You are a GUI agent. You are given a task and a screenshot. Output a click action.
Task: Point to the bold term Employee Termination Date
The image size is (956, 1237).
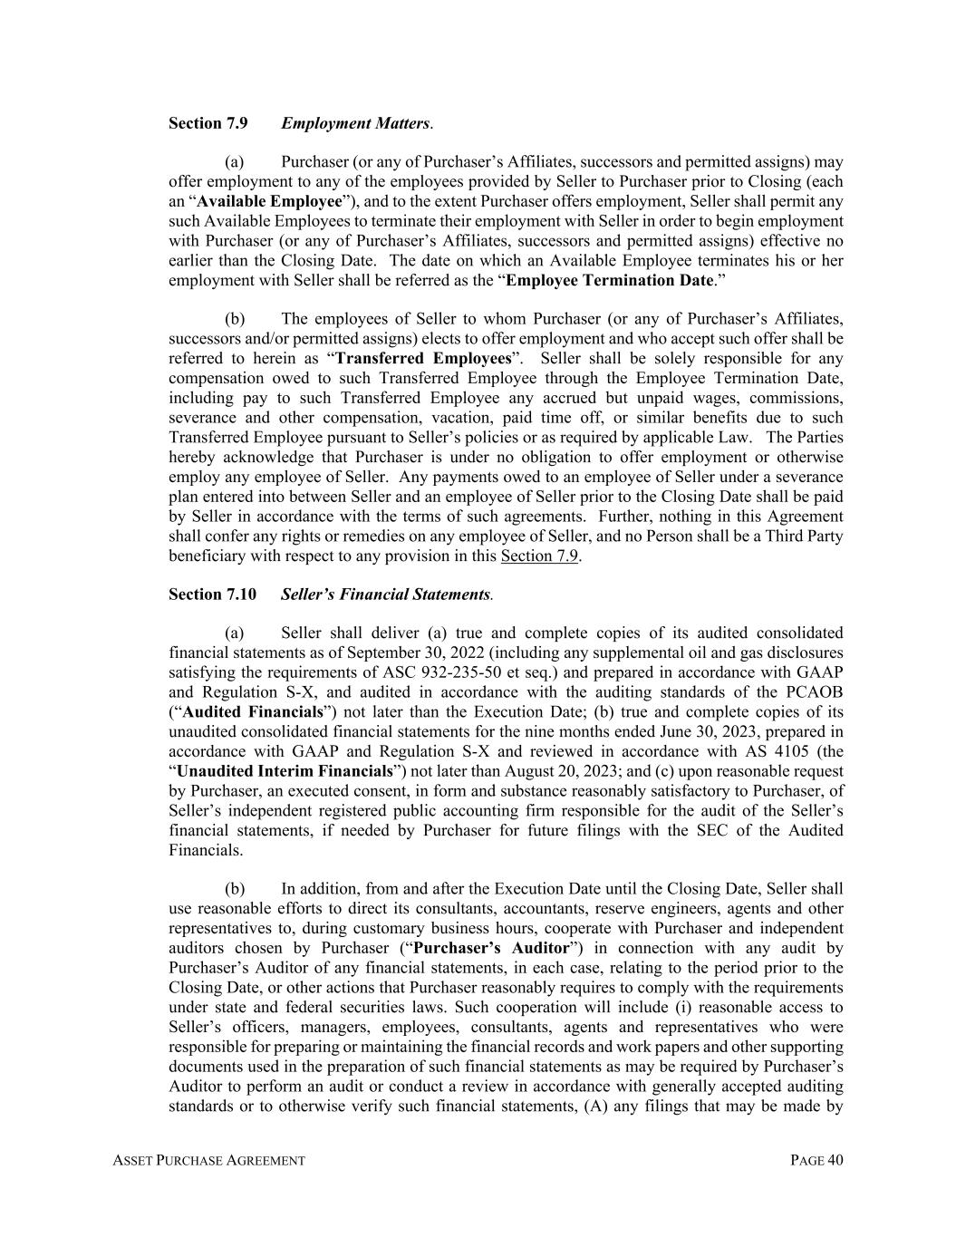coord(610,280)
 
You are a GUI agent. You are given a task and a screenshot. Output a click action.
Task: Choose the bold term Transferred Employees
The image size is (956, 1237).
coord(423,359)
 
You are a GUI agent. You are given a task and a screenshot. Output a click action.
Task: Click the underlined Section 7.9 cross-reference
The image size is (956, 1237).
coord(539,556)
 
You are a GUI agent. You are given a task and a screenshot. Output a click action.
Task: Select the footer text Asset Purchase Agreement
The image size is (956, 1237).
coord(209,1161)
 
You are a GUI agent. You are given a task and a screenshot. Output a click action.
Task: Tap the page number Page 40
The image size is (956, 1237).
coord(816,1161)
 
